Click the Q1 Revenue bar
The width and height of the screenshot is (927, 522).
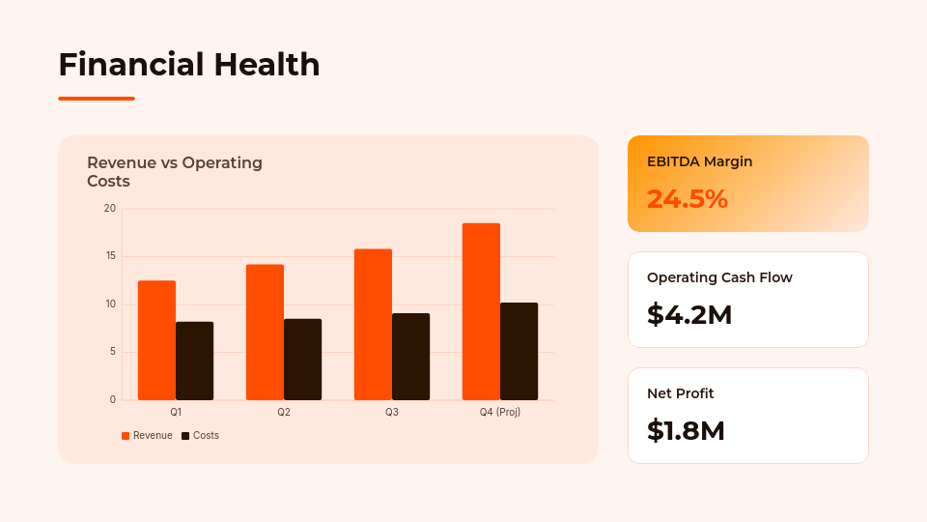(x=156, y=340)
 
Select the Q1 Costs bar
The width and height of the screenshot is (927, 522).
(x=194, y=361)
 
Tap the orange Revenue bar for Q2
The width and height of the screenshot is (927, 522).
(x=265, y=332)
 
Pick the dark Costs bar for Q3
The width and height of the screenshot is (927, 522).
(x=410, y=357)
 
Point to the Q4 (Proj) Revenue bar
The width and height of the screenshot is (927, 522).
(x=481, y=311)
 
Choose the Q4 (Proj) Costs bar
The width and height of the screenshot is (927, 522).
(x=519, y=351)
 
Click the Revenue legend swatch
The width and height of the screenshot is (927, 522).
(x=126, y=436)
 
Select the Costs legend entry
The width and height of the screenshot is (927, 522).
(x=201, y=436)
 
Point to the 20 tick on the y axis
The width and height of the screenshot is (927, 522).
(x=110, y=209)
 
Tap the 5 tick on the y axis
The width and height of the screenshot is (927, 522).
(x=112, y=352)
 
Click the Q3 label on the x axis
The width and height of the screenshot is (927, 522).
(x=392, y=412)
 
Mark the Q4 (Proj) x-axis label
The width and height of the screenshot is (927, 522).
(x=500, y=412)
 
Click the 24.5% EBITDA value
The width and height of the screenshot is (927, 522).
(x=687, y=199)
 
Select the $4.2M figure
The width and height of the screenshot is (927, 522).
(x=689, y=315)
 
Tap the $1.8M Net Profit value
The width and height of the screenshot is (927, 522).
(x=686, y=431)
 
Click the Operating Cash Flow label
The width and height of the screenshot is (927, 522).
(x=719, y=277)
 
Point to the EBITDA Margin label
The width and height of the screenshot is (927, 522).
(x=699, y=161)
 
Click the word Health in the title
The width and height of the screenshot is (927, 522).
(x=267, y=65)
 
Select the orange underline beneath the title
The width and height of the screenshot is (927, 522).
(x=97, y=99)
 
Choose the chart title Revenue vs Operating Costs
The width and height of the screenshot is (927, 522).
(x=175, y=171)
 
